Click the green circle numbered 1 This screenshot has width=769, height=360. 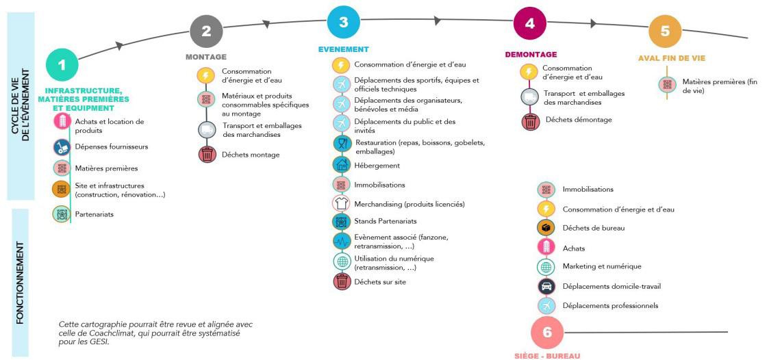click(62, 65)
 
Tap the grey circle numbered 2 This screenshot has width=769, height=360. click(206, 30)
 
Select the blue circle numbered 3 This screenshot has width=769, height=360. click(343, 22)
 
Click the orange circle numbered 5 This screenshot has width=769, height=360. click(665, 31)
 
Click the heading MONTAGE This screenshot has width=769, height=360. click(205, 57)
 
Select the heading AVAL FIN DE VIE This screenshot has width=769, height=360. click(671, 58)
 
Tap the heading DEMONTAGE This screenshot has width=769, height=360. click(531, 54)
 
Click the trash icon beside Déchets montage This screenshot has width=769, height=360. click(207, 155)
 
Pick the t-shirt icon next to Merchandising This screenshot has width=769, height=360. click(340, 203)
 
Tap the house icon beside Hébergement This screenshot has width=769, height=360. click(340, 165)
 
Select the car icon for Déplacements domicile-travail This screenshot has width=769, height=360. click(546, 286)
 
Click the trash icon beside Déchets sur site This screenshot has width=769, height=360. click(340, 281)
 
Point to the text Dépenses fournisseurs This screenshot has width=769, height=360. click(111, 146)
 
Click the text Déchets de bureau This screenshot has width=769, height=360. click(593, 228)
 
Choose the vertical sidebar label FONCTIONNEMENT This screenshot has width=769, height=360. click(20, 282)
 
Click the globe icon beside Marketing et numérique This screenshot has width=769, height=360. click(546, 266)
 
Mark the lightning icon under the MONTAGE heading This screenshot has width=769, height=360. click(206, 75)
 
